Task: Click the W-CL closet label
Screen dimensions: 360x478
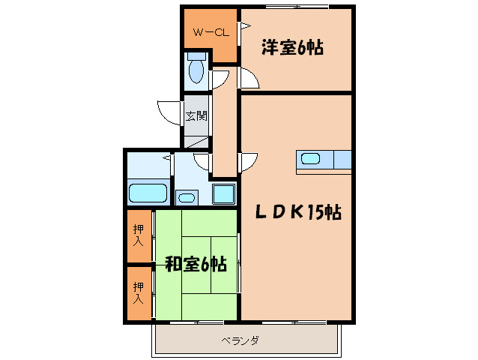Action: coord(210,32)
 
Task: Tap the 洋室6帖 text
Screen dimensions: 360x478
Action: coord(292,48)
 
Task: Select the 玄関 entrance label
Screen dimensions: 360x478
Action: coord(196,116)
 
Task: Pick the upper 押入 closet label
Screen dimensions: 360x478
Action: coord(139,237)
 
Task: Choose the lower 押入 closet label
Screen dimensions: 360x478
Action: coord(139,292)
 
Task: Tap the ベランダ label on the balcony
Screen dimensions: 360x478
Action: coord(240,340)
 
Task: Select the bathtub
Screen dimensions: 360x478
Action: coord(148,193)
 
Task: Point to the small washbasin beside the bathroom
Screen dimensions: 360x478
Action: coord(186,197)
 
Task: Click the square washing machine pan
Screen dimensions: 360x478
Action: coord(223,193)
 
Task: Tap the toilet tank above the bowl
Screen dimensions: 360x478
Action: coord(196,57)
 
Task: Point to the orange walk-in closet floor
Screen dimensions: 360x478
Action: coord(202,45)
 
